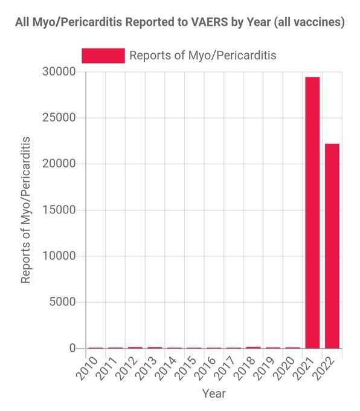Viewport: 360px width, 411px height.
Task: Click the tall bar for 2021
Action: pos(312,213)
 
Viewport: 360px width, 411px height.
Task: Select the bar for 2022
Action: pos(332,246)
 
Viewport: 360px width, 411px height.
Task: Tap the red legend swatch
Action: pos(103,56)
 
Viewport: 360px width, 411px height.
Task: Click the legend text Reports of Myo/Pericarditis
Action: pos(203,56)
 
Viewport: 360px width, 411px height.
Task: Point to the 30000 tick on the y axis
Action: pos(59,71)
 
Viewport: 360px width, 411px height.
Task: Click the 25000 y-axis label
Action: pos(59,118)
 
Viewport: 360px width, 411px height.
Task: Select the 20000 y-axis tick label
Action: pos(59,164)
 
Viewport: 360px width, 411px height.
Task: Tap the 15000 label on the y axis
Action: pos(59,210)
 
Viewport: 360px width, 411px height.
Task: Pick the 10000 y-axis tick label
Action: pos(59,256)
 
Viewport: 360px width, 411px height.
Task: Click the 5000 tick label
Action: pos(62,302)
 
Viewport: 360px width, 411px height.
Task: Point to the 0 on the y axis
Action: pos(72,348)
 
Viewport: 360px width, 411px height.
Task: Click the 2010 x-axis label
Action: pos(88,368)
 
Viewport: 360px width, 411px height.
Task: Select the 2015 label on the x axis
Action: pos(186,368)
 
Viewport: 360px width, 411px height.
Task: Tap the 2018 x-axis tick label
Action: pos(245,368)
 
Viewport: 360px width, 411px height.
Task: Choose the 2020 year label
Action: pos(284,368)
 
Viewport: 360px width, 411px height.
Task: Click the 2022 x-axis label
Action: pos(324,368)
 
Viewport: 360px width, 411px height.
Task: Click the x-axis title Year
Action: pos(214,393)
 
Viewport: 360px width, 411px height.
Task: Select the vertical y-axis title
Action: pos(26,210)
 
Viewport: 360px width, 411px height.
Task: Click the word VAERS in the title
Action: pos(210,22)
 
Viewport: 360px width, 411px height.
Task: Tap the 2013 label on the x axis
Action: pos(147,368)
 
